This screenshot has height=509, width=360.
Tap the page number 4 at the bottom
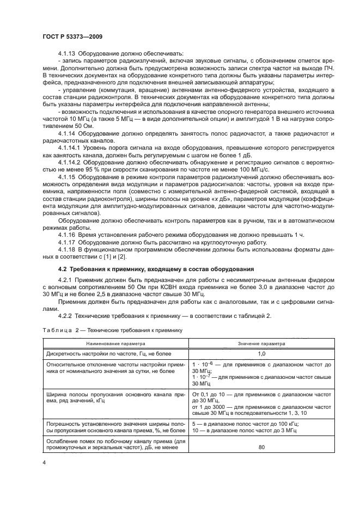pyautogui.click(x=43, y=462)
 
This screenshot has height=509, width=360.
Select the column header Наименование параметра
pyautogui.click(x=115, y=344)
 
